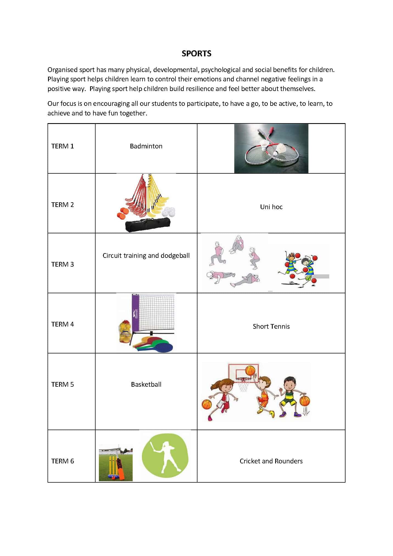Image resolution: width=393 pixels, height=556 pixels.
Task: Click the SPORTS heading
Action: click(x=196, y=53)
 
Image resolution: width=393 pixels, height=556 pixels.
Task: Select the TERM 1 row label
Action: click(x=63, y=146)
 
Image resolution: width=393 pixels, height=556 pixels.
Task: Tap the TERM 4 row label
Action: click(x=63, y=324)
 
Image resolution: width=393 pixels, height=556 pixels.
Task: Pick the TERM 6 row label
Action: click(x=63, y=461)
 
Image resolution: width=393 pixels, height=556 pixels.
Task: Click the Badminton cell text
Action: click(x=146, y=146)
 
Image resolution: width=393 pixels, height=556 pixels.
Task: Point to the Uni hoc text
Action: click(x=271, y=207)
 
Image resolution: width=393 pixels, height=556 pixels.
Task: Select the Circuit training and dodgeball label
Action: click(x=146, y=255)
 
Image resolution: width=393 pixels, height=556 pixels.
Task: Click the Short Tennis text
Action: click(x=271, y=326)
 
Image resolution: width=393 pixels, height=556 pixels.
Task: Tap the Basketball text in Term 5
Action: click(x=146, y=384)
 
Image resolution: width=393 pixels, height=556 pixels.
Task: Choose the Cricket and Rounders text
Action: click(x=271, y=461)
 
